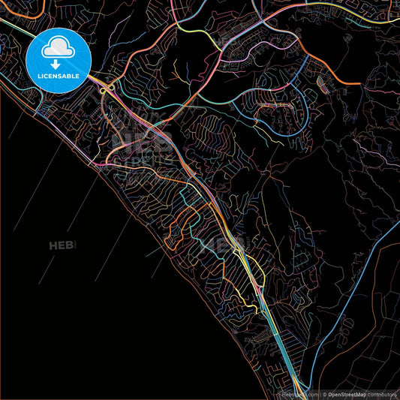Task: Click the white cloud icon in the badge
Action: pyautogui.click(x=58, y=48)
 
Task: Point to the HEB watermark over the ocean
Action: pyautogui.click(x=63, y=245)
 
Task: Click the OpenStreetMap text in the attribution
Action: pyautogui.click(x=353, y=393)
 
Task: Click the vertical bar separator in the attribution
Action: pyautogui.click(x=322, y=393)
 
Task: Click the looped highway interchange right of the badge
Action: pyautogui.click(x=107, y=89)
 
